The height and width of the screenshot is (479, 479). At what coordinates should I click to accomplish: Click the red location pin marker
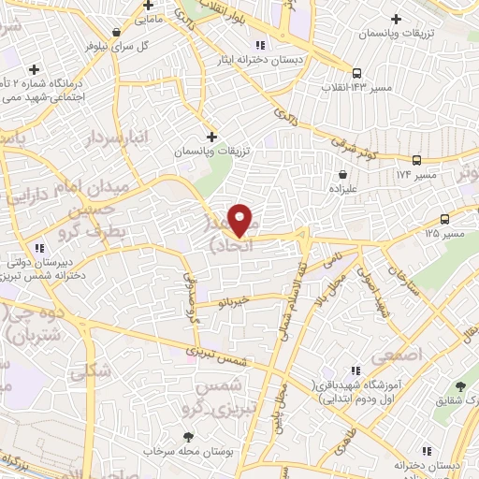tap(240, 219)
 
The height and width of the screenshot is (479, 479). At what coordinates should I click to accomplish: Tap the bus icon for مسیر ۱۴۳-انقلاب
tap(356, 73)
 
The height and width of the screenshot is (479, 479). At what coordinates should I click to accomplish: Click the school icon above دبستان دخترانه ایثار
tap(260, 44)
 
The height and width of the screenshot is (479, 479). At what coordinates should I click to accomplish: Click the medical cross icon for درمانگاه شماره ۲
tap(36, 69)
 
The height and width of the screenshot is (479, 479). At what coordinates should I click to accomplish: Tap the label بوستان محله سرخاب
tap(187, 451)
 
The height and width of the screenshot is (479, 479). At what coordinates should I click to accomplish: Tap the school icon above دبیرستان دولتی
tap(39, 248)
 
